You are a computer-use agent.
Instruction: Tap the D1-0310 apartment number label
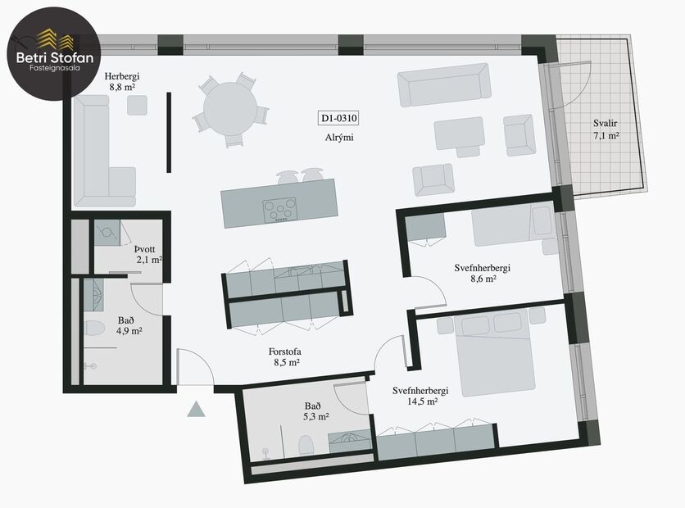tap(338, 119)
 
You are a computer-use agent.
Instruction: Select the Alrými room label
tap(338, 138)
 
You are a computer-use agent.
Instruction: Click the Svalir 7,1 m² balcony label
tap(606, 130)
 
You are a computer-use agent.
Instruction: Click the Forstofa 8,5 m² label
tap(285, 358)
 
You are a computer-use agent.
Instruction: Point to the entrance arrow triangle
tap(196, 409)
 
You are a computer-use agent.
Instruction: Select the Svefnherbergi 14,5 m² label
tap(420, 396)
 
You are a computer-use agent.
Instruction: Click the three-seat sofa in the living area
tap(443, 87)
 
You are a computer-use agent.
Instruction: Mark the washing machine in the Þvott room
tap(105, 234)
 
